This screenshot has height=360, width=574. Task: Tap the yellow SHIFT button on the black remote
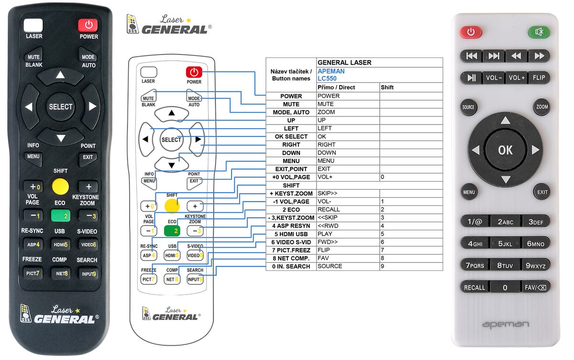click(x=60, y=186)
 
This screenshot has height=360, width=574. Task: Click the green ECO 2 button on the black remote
click(x=60, y=216)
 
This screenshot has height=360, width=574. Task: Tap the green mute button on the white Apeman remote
click(x=539, y=32)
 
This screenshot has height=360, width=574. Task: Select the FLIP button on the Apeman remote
click(x=539, y=77)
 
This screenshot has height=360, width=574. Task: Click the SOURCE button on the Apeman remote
click(x=468, y=107)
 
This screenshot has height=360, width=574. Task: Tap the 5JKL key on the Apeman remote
click(x=505, y=243)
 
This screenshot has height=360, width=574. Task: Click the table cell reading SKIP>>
click(x=327, y=193)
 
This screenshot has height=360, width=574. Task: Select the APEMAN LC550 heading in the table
click(x=331, y=75)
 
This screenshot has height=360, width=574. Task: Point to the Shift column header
click(x=387, y=87)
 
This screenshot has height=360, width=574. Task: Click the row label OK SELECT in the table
click(x=291, y=136)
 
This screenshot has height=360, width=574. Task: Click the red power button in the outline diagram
click(x=194, y=72)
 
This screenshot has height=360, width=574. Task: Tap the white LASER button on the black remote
click(x=33, y=25)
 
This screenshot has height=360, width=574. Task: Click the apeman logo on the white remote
click(x=505, y=325)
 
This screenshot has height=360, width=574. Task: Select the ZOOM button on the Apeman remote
click(x=541, y=107)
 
